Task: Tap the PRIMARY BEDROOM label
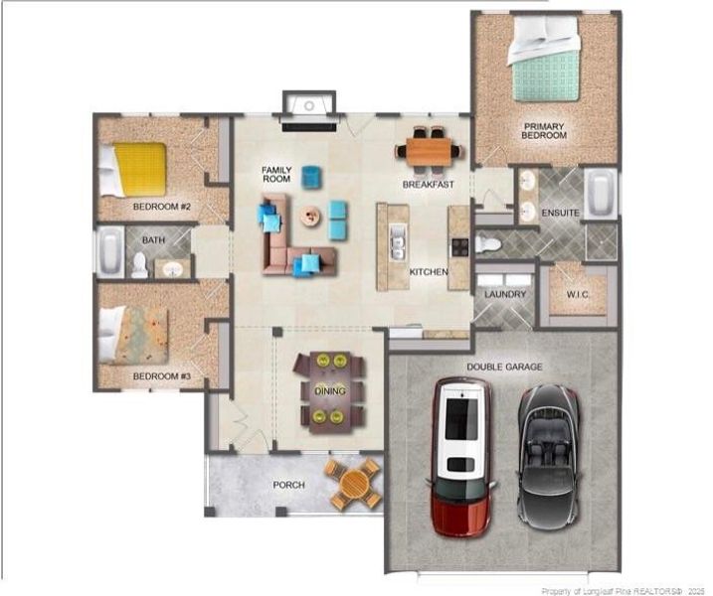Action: point(544,131)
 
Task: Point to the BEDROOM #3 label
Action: point(161,377)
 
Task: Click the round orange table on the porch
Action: point(355,485)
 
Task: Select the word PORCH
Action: point(289,485)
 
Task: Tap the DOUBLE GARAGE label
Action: point(505,367)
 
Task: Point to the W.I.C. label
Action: point(578,294)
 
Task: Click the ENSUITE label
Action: point(560,214)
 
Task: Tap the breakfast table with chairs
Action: point(430,151)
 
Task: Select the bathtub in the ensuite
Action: point(601,194)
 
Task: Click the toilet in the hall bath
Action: point(140,265)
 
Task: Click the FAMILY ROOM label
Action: point(276,175)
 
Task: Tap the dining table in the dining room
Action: point(329,391)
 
